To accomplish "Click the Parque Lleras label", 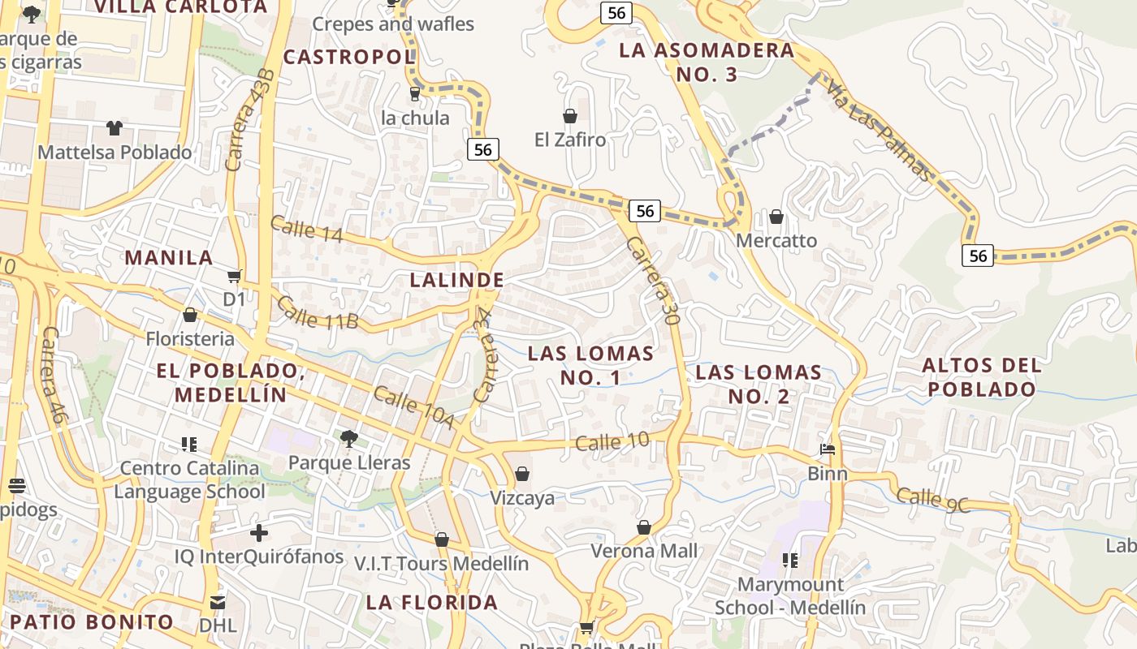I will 349,462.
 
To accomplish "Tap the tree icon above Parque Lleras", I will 349,439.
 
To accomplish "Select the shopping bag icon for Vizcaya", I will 522,474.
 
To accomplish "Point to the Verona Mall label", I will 644,551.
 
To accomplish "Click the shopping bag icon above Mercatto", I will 776,217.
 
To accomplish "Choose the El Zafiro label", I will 570,140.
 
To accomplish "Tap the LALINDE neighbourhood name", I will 457,280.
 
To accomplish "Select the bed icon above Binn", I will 828,449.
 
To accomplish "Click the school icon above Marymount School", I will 789,560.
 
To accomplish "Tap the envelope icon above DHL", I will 218,602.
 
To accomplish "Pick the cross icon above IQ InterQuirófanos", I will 259,533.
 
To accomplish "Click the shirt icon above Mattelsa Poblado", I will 115,128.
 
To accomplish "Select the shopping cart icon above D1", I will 234,277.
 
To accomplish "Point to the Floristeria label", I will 190,338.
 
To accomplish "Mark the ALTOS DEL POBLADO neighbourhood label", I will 982,377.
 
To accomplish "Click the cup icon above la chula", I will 415,94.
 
